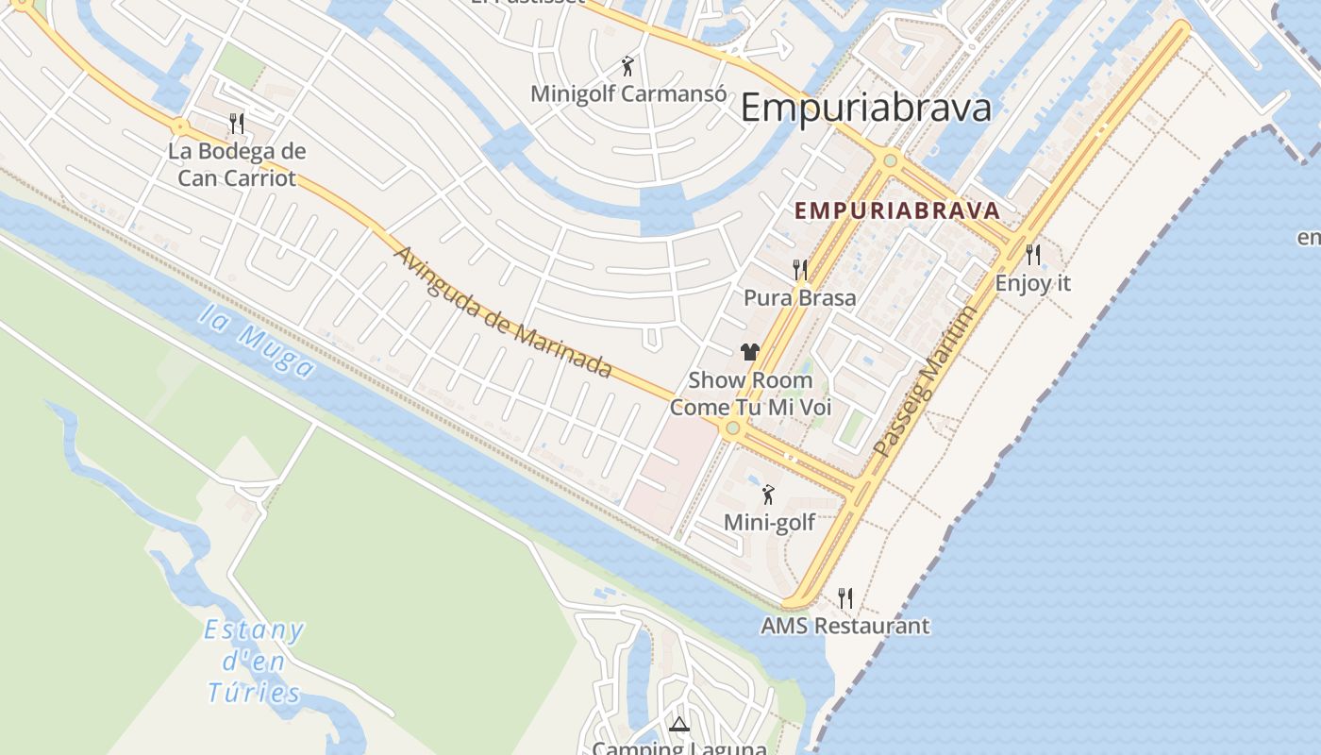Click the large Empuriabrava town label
tap(865, 108)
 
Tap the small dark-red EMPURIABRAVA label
tap(896, 210)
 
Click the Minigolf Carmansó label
tap(628, 94)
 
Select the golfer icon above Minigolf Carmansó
tap(627, 66)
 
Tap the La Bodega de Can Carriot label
tap(237, 164)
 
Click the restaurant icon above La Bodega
tap(237, 123)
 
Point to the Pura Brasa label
tap(799, 298)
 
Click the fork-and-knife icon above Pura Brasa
tap(800, 270)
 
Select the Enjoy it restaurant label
tap(1033, 283)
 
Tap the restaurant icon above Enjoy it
tap(1033, 254)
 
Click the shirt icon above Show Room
tap(750, 352)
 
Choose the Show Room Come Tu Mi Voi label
tap(750, 394)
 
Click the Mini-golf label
tap(769, 522)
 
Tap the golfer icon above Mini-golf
tap(768, 494)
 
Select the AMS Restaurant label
tap(844, 626)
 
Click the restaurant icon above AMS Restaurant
tap(845, 597)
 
